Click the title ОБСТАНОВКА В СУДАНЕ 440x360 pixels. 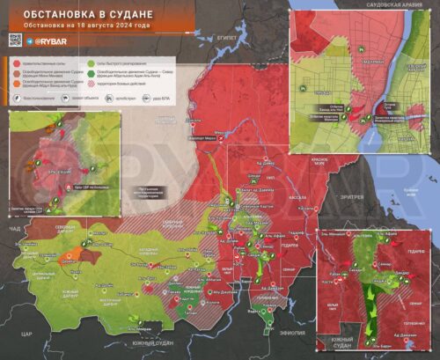[x=81, y=15]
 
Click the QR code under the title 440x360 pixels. [x=14, y=40]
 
